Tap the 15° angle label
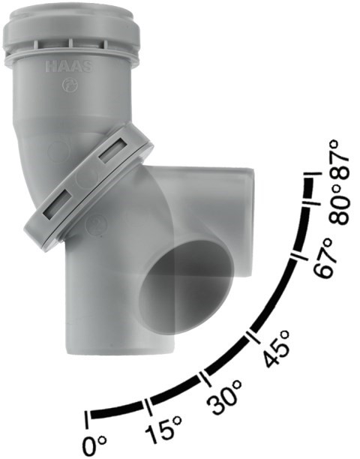pos(164,430)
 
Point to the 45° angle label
pos(276,348)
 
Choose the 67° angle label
pos(323,257)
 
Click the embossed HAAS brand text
pos(69,67)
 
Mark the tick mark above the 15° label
pos(148,406)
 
